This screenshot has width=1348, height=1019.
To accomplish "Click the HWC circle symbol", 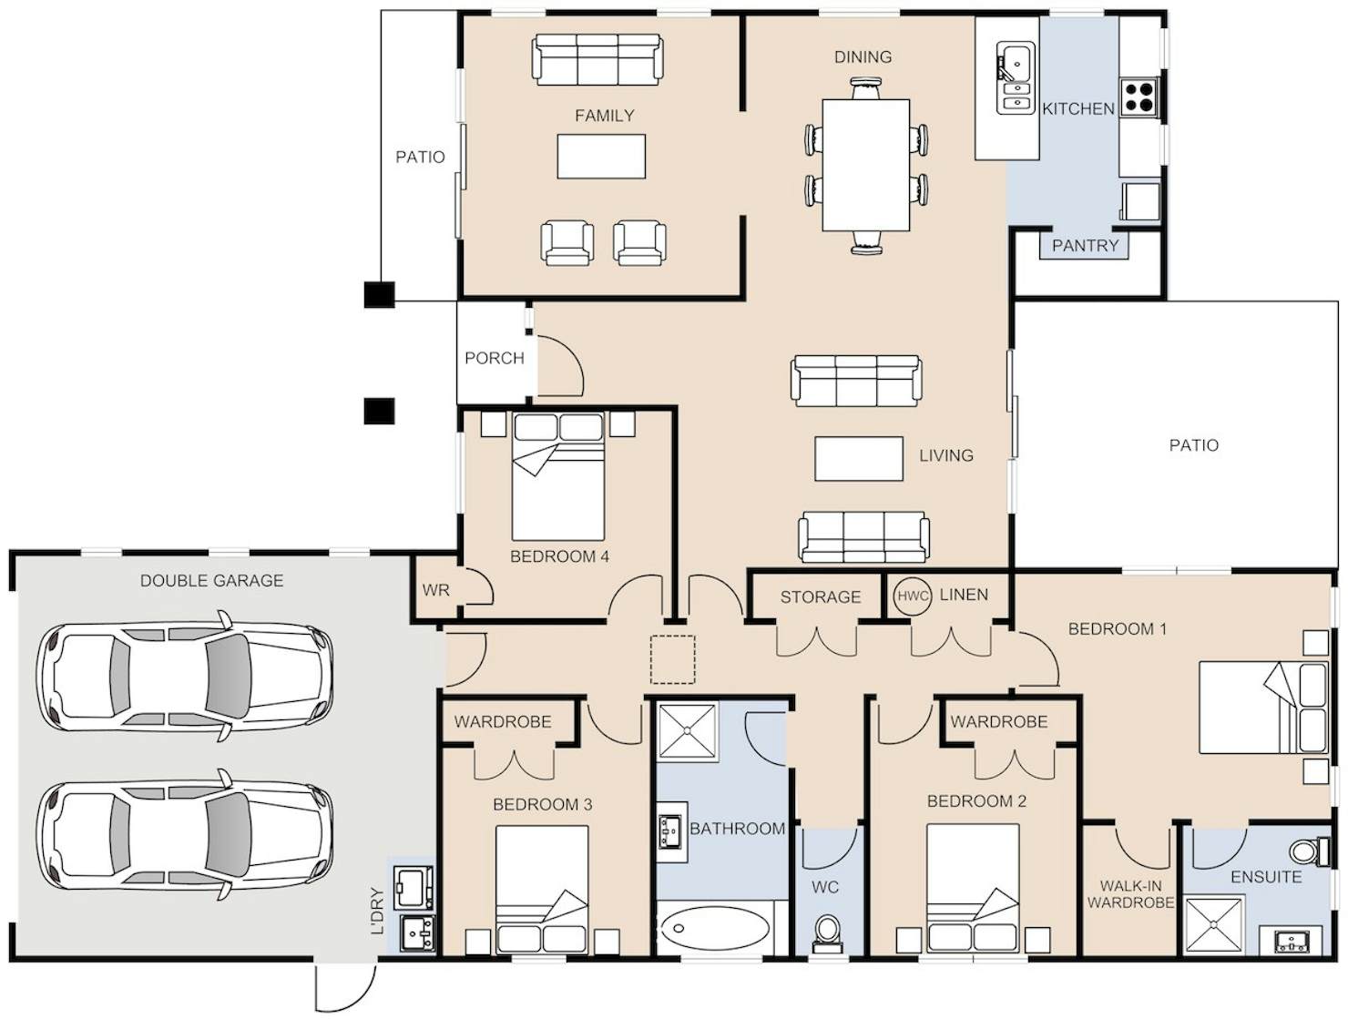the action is [912, 596].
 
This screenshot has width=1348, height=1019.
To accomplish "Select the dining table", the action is [866, 165].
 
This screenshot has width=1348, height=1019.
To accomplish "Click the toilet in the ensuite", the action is [1310, 851].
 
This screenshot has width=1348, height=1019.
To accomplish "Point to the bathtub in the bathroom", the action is [717, 927].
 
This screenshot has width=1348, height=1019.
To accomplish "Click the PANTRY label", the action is [1085, 246].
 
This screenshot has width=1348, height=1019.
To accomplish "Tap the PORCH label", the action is [495, 358].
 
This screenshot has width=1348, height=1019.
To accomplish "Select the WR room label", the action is [436, 590].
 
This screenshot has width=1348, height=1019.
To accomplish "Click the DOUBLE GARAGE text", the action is [212, 580].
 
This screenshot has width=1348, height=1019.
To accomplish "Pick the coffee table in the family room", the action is [601, 157].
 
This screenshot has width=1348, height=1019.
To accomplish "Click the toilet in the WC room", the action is [827, 933].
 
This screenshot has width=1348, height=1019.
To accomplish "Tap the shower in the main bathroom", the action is [687, 732].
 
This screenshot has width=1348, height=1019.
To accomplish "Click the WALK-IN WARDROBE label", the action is [1130, 893].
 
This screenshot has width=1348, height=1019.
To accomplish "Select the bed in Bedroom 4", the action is [558, 476].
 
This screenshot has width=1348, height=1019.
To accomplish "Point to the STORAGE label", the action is [821, 596].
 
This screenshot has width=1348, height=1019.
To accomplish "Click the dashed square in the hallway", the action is [672, 660].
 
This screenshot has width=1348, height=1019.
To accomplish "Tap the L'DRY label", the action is [378, 911].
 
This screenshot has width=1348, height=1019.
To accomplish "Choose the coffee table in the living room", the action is [859, 459].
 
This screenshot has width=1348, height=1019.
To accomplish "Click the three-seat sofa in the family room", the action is [597, 59].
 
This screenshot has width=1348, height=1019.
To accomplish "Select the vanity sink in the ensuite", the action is [1292, 942].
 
